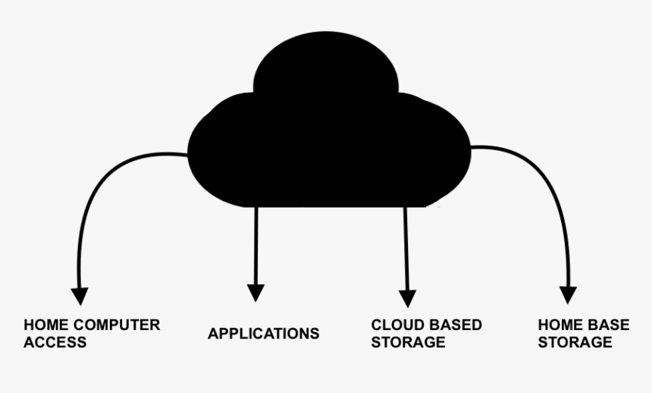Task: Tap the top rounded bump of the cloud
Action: click(x=326, y=64)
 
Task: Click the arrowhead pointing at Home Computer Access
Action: click(x=80, y=296)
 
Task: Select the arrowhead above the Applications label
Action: click(x=256, y=293)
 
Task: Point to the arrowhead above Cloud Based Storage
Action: click(x=408, y=297)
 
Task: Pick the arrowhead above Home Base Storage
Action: click(x=568, y=294)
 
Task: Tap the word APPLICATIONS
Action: click(x=263, y=334)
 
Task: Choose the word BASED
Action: click(x=453, y=325)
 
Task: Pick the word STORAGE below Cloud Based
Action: click(x=408, y=342)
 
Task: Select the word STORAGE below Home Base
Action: click(x=575, y=342)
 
